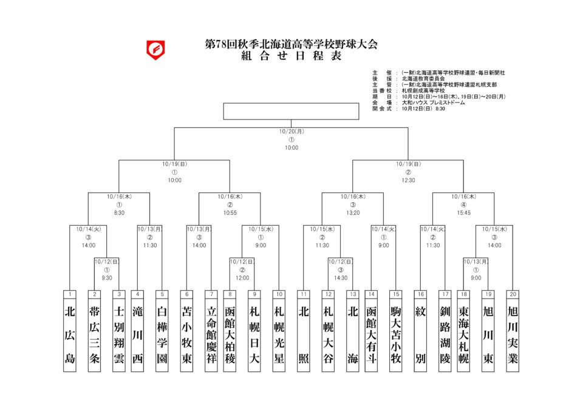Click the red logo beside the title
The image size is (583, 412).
pos(156,49)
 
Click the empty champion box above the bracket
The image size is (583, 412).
pos(291,111)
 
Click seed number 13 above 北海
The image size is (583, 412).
pos(353,294)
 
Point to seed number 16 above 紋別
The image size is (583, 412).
pos(420,294)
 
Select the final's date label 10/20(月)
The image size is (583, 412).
pos(291,131)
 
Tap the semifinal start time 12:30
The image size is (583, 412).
pos(408,180)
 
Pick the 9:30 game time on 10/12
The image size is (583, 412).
pos(106,279)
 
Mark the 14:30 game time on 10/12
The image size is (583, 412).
pos(340,279)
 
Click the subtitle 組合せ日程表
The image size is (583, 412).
pos(291,57)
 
